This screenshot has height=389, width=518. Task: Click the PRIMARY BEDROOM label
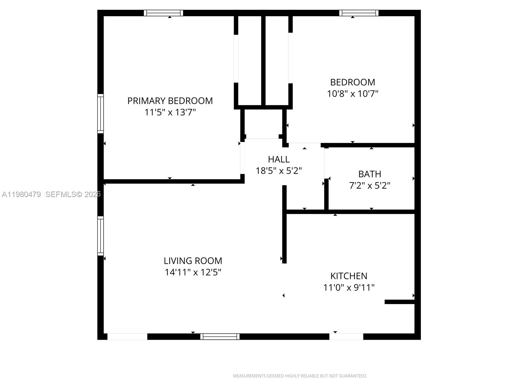170,101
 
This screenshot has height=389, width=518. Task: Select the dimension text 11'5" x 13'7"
170,112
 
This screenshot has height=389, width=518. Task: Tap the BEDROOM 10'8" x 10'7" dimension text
353,94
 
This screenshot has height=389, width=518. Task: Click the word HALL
278,159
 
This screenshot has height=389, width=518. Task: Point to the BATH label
369,174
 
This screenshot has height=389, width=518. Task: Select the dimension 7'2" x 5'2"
369,185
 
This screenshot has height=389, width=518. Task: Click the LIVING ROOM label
193,261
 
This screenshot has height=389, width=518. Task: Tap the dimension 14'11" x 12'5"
193,272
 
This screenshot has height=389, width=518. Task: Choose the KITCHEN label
349,276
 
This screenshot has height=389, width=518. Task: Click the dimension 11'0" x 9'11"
349,288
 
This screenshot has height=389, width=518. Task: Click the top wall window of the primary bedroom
163,13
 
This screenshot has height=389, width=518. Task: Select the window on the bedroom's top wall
359,13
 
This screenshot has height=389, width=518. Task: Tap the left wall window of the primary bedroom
101,113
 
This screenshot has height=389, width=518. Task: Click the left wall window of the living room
101,236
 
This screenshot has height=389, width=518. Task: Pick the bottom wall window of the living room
220,336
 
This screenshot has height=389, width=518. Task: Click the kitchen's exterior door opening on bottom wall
346,336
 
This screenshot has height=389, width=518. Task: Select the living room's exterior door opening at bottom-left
127,336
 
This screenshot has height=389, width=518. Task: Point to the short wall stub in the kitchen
400,302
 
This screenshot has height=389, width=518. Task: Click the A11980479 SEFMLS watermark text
51,194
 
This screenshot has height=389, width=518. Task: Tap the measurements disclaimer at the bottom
300,376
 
